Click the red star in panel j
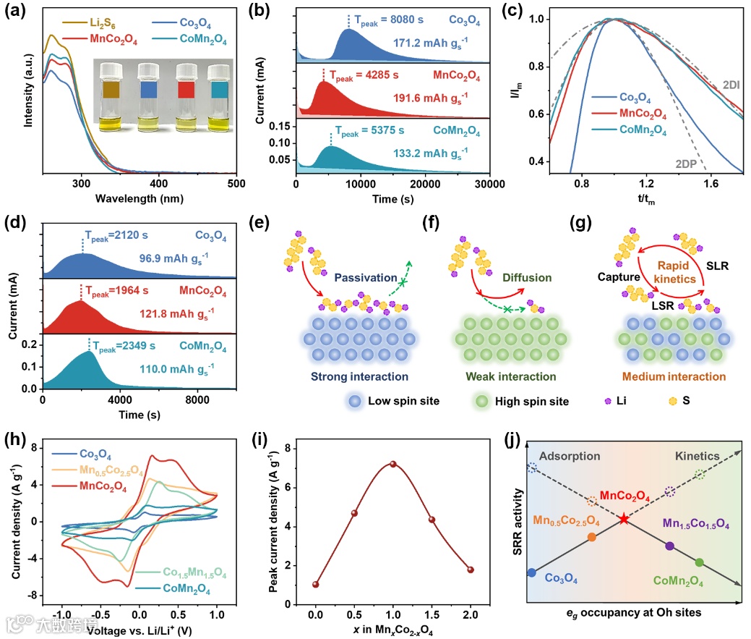[x=624, y=519]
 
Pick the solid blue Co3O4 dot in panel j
[x=532, y=572]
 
